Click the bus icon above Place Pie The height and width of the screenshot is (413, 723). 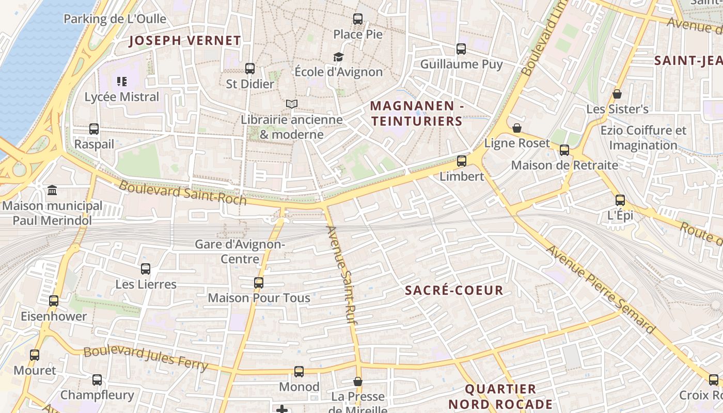(x=358, y=19)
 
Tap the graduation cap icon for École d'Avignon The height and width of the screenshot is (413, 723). (x=338, y=57)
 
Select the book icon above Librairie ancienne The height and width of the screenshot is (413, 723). (x=292, y=104)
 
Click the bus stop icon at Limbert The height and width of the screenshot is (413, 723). (x=462, y=161)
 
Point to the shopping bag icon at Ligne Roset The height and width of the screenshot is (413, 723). (x=517, y=128)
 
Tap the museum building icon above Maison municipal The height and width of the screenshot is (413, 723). (x=52, y=191)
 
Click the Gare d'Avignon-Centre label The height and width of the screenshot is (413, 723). (x=240, y=251)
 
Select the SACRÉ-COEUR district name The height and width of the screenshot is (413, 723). (x=454, y=290)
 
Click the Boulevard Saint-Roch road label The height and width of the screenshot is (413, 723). (x=183, y=193)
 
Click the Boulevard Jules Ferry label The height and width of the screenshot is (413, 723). (x=145, y=359)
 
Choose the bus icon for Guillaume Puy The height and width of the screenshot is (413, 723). (x=461, y=49)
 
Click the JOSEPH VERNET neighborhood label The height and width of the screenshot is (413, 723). (x=185, y=40)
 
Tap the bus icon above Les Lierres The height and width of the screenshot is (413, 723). (x=146, y=269)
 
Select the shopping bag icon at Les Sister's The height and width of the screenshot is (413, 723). (x=617, y=94)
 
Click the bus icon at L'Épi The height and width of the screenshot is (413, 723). (x=620, y=200)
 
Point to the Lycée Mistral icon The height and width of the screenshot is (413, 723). (x=122, y=81)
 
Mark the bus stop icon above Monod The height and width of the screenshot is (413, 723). (x=299, y=372)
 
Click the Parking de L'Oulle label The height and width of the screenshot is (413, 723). (x=115, y=19)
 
